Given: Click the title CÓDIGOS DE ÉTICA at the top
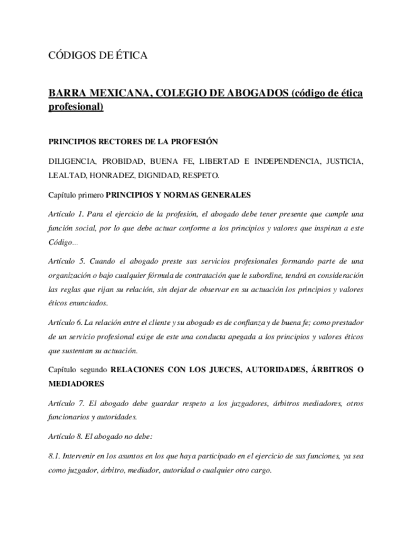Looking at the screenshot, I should click(97, 56).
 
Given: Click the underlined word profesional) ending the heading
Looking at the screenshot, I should click(75, 107).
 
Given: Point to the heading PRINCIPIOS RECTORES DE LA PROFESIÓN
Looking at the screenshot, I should click(133, 142).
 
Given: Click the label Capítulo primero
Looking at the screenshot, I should click(76, 195).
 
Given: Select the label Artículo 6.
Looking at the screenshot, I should click(65, 322).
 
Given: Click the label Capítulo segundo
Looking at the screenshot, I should click(77, 369).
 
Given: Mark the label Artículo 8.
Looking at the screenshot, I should click(65, 436).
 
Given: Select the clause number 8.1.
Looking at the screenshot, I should click(55, 456).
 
